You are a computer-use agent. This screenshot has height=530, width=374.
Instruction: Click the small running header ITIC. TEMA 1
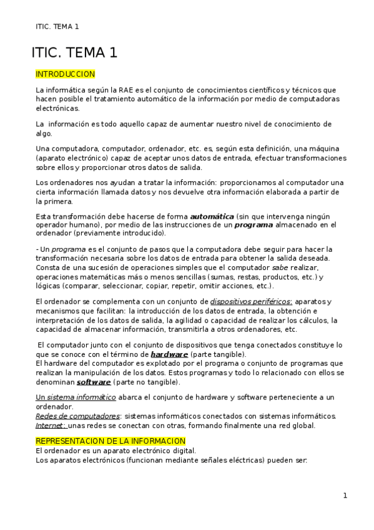tap(57, 26)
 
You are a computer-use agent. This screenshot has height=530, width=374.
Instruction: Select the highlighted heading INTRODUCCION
tap(65, 74)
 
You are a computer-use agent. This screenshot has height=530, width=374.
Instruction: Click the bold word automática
tap(212, 216)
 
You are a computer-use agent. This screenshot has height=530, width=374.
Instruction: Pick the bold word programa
tap(253, 224)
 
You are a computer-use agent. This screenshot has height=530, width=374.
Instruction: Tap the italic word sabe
tap(280, 267)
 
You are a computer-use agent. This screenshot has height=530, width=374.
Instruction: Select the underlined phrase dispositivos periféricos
tap(251, 302)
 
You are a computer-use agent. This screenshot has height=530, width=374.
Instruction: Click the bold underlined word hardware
tap(169, 354)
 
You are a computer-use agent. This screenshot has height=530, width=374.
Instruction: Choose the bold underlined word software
tap(94, 381)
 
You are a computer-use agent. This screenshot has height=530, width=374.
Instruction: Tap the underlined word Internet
tap(51, 425)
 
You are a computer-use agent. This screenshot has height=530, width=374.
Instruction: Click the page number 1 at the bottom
tap(345, 496)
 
